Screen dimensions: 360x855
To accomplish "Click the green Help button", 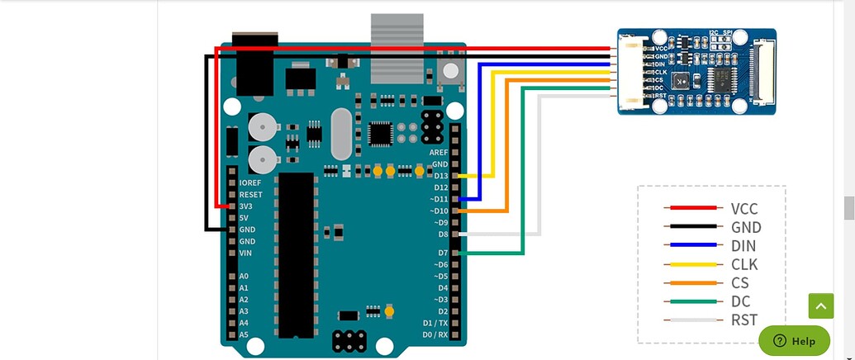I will click(x=794, y=340).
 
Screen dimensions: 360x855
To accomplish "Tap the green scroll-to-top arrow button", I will click(x=820, y=306).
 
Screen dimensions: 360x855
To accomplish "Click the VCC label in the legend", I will click(x=743, y=209).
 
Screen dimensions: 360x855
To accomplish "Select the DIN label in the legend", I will click(x=743, y=245).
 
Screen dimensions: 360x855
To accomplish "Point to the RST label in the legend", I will click(x=743, y=319).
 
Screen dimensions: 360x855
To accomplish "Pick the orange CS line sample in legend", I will click(x=692, y=282).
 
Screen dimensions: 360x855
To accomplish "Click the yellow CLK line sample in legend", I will click(x=692, y=264).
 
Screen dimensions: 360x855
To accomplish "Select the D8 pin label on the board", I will click(x=443, y=234).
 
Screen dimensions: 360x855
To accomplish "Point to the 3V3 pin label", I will click(x=246, y=206).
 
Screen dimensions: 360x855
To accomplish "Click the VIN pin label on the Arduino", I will click(x=245, y=253).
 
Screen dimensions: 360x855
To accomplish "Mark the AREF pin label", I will click(x=438, y=153).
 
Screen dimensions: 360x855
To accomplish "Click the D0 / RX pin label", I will click(x=435, y=334).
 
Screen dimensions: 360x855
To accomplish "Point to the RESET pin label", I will click(x=250, y=194).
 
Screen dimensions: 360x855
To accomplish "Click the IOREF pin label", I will click(x=249, y=182).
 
